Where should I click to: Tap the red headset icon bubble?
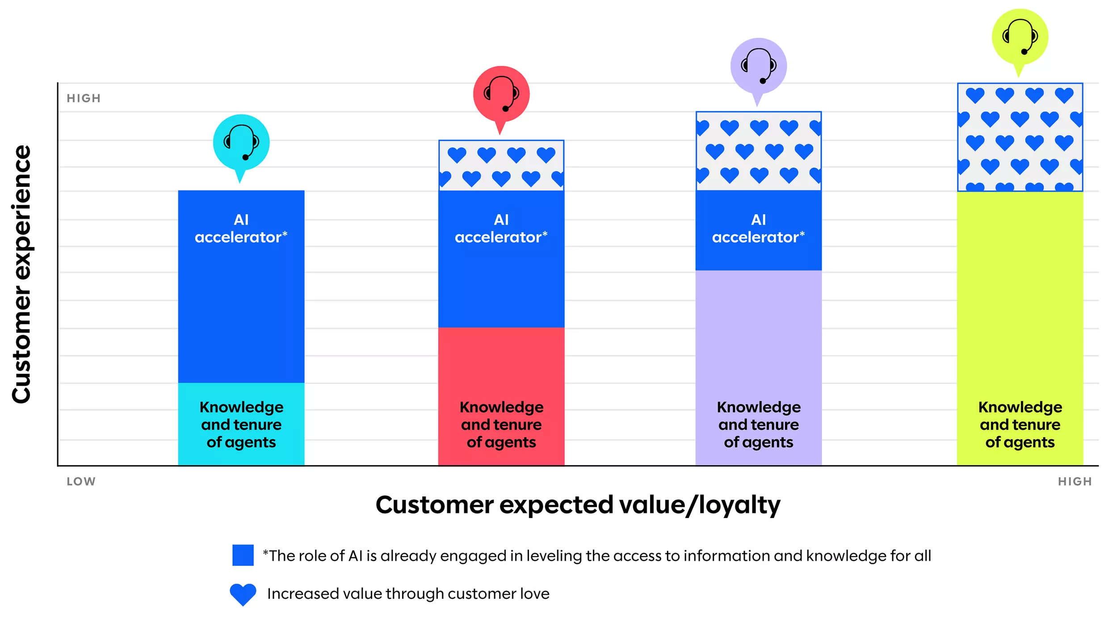(x=501, y=96)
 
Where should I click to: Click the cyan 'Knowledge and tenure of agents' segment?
(x=241, y=424)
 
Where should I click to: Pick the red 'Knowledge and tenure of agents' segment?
(x=501, y=396)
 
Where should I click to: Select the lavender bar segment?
(x=758, y=367)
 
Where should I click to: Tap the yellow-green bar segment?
(x=1020, y=328)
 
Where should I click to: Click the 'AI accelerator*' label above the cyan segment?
(x=241, y=228)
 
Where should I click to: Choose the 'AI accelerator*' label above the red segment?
(x=501, y=228)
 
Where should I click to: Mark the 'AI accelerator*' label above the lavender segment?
(x=758, y=228)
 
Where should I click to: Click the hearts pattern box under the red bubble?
(x=501, y=165)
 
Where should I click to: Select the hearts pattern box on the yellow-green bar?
(x=1020, y=137)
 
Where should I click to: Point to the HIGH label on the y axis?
(x=84, y=98)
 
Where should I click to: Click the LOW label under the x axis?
(x=81, y=481)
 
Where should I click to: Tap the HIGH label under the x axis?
(x=1075, y=481)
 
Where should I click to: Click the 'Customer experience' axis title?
(x=21, y=274)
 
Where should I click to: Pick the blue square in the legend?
(x=243, y=555)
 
